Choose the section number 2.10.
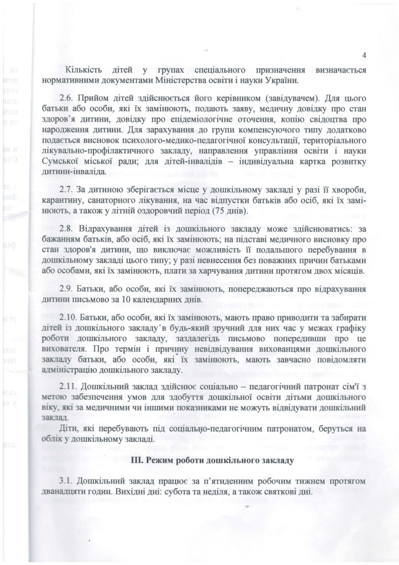pyautogui.click(x=75, y=320)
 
